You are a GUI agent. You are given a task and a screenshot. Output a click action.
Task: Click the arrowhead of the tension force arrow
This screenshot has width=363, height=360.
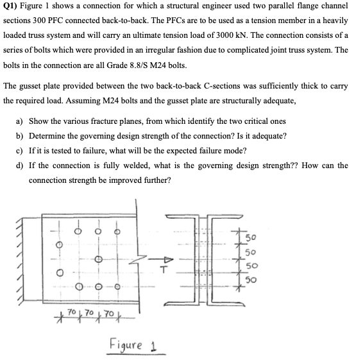coord(168,259)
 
